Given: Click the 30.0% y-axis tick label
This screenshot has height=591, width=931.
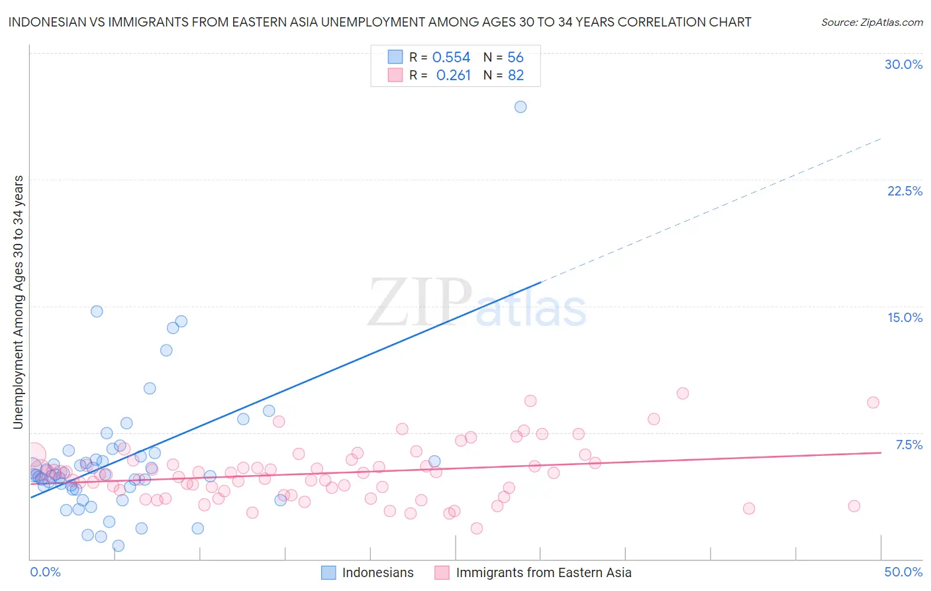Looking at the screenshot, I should pos(903,64).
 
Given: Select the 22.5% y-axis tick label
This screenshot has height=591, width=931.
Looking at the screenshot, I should pos(905,191).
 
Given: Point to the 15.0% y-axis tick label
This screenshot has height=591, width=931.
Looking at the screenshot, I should pos(905,317).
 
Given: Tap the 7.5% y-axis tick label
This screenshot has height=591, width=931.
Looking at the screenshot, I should pos(908,445).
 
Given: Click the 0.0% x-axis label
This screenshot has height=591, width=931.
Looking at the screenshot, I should pos(45,572).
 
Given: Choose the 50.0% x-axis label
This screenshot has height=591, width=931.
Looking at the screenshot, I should pos(903,572).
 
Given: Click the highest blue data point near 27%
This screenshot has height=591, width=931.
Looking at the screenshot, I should pos(520,107).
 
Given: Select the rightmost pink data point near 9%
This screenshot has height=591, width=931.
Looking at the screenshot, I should pos(873,402).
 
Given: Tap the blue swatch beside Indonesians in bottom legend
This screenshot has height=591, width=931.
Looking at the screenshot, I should pos(328,572).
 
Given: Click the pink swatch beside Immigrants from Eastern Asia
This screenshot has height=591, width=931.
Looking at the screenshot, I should pos(442,572).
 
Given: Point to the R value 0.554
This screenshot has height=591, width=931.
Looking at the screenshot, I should pos(451,58).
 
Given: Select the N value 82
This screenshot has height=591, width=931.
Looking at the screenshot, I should pos(516,76).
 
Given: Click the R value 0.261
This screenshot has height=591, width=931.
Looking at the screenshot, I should pos(453,76).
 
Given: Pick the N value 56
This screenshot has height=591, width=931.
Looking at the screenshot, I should pos(515,58).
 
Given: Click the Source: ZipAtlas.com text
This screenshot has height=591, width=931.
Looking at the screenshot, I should pos(871,22).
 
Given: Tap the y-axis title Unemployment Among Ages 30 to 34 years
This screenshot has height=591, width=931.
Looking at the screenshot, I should pos(18,301).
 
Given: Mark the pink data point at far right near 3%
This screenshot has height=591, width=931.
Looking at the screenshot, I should pos(854,506).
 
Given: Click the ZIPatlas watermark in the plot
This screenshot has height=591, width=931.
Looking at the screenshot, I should pos(477,303).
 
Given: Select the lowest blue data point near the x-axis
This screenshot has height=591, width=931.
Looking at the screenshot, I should pos(118,545).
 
